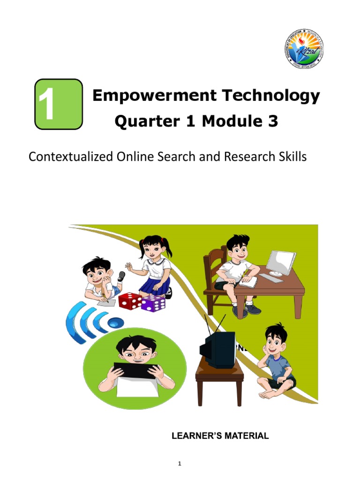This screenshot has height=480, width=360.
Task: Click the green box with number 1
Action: pos(59,104)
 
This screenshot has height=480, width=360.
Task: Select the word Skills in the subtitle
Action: pos(291,157)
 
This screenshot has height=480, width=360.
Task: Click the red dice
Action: pos(130,300)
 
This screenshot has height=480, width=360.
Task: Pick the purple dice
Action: pos(153,303)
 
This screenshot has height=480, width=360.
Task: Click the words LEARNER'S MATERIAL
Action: pos(220,436)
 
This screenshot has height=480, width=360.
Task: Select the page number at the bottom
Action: pos(179,464)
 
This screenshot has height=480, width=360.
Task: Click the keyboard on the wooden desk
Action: pos(271,278)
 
